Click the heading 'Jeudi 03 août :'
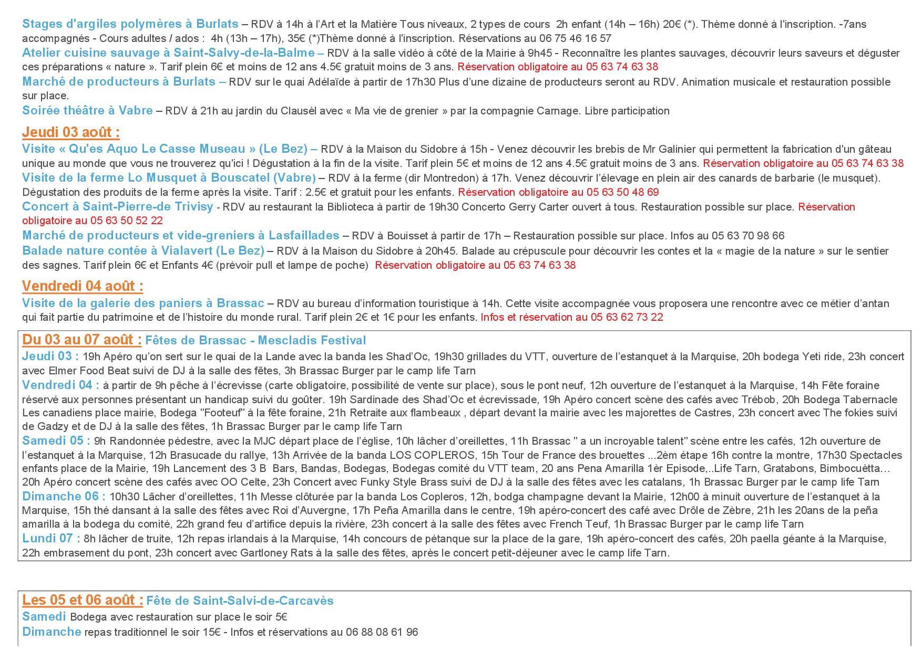(71, 132)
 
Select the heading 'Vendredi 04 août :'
(83, 286)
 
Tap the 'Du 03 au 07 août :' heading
(81, 340)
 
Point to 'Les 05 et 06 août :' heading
(83, 600)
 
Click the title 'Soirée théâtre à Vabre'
(87, 111)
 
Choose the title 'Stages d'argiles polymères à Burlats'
(130, 24)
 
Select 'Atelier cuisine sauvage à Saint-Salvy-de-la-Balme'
(168, 52)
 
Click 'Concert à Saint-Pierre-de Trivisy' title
(118, 207)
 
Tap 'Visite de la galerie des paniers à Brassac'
(143, 303)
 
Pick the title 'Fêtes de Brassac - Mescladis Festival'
(255, 340)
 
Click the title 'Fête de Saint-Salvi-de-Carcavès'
(240, 601)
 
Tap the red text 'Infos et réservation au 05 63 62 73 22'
(572, 317)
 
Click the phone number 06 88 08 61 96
(382, 632)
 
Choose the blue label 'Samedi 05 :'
(56, 441)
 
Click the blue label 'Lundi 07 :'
(51, 538)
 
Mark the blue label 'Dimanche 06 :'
(64, 496)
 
